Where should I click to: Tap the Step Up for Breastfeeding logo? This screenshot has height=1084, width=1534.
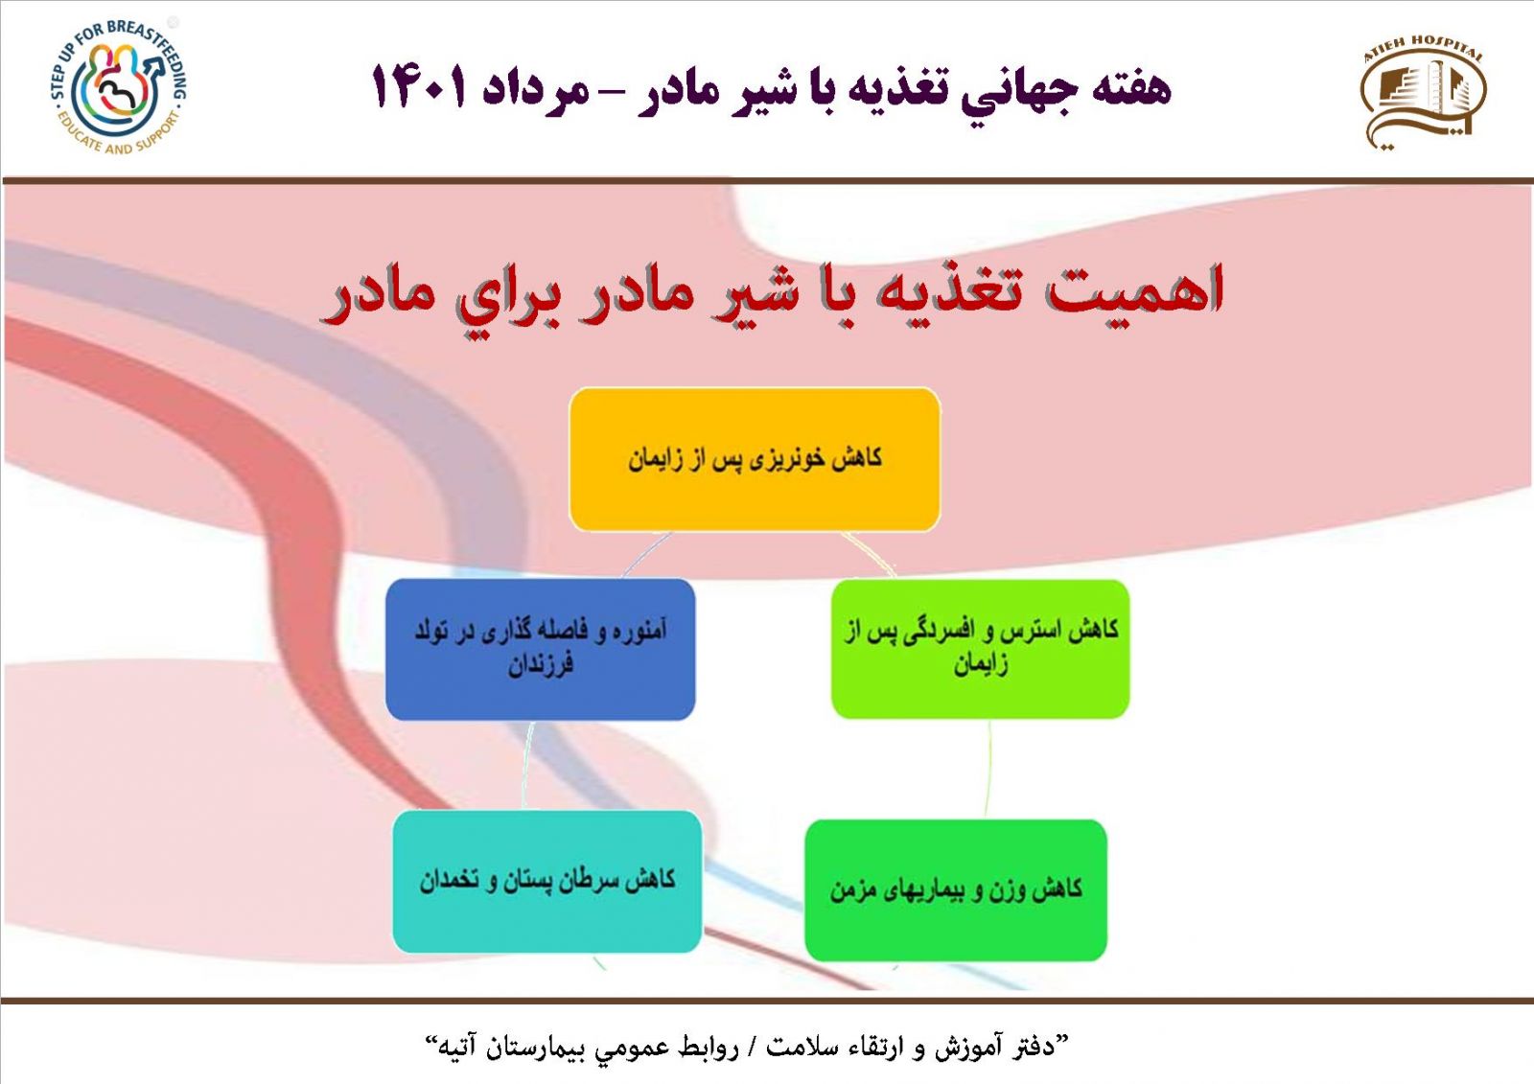(119, 87)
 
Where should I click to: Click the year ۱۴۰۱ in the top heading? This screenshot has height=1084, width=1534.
(419, 87)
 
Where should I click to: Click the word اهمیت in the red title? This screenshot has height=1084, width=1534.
(1134, 291)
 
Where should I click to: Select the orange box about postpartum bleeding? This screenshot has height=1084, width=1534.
(754, 459)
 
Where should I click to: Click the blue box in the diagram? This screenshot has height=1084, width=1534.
(541, 649)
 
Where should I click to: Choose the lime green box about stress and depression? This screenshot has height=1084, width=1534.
(980, 649)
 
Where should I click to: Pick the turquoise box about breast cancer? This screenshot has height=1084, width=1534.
(547, 882)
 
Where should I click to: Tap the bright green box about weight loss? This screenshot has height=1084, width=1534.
(956, 889)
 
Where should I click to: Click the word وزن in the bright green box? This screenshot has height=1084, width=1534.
(1023, 889)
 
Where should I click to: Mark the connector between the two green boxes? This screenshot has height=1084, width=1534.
(988, 769)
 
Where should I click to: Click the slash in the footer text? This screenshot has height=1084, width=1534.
(752, 1047)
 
